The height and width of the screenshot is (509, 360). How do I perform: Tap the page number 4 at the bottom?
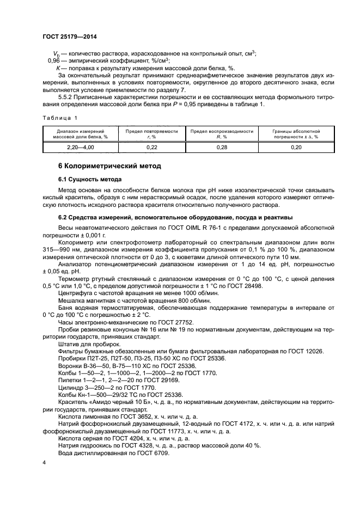(44, 462)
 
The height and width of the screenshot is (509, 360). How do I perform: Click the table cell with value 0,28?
(222, 147)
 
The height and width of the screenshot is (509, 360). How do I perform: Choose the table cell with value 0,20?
(296, 147)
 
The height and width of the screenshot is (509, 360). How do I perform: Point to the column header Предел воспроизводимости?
(222, 131)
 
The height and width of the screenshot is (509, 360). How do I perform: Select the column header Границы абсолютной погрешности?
(296, 134)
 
